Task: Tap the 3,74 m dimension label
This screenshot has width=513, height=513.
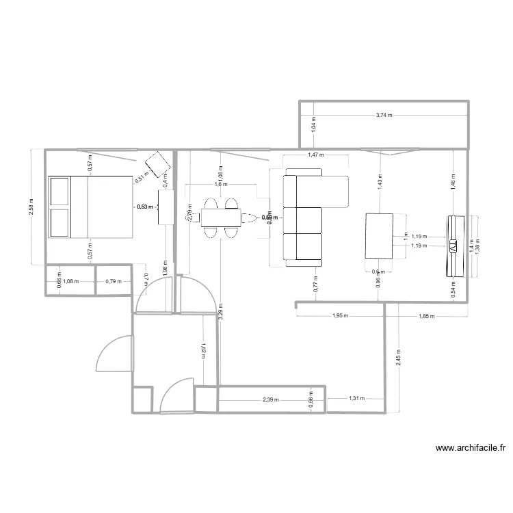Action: point(384,116)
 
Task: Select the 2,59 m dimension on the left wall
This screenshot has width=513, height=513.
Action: point(32,209)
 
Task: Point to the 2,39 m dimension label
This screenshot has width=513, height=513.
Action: point(271,399)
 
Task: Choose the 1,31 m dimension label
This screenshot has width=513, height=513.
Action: point(356,399)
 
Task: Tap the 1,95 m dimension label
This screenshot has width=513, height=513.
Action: point(340,317)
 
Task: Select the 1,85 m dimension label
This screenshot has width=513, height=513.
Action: point(425,317)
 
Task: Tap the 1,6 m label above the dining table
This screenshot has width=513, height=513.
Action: point(220,184)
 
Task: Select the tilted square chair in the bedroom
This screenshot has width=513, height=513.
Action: point(159,164)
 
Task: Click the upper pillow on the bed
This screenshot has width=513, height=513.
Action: point(60,191)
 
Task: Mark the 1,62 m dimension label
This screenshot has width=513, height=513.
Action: point(205,350)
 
